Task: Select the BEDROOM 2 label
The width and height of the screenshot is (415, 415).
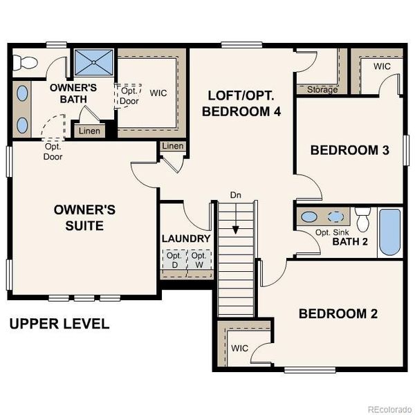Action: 338,313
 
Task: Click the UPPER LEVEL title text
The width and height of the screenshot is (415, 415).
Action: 59,324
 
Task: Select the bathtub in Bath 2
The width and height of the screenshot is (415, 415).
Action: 389,233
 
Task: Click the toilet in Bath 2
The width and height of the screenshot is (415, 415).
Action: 362,220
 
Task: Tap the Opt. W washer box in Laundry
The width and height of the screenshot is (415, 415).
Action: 199,260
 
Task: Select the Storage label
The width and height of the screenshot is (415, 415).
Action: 322,90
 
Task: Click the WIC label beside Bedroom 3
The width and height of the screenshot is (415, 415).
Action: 382,67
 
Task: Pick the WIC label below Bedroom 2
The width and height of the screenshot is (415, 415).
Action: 240,348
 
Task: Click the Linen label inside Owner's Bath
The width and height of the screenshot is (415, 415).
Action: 89,131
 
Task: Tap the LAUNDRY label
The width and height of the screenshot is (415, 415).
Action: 185,239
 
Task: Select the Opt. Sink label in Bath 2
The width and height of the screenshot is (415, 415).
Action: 330,232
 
